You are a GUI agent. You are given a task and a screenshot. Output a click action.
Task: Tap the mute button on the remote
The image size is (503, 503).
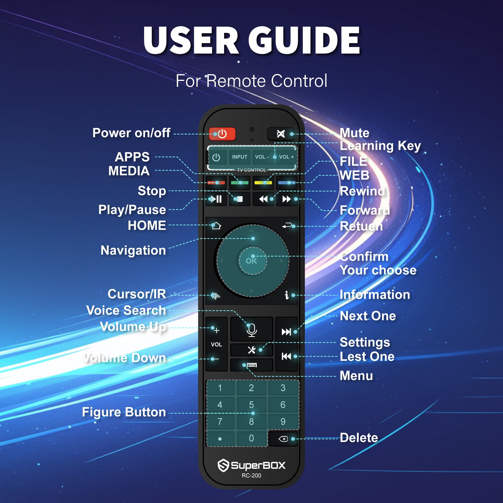tap(281, 134)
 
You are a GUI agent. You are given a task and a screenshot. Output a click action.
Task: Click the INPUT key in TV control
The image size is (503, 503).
tap(239, 157)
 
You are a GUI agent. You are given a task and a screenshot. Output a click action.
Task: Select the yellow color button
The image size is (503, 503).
tap(263, 183)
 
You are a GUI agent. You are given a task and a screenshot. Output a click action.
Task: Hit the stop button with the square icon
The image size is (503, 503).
tap(239, 199)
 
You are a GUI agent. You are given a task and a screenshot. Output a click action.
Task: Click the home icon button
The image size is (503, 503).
tap(216, 226)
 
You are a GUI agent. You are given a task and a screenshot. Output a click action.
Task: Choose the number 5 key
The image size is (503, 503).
tap(251, 405)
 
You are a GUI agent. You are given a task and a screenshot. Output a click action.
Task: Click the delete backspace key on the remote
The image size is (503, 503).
tap(283, 439)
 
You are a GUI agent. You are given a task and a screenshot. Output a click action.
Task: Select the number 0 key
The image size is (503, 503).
tap(251, 438)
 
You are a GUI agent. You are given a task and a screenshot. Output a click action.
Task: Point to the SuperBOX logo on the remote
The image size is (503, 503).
tap(251, 465)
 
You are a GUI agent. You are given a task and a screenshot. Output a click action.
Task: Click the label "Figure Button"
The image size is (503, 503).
tap(124, 412)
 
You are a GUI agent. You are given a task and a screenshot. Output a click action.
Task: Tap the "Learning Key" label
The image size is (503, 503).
tap(380, 146)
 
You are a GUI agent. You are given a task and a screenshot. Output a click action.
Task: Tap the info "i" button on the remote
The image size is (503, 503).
tap(287, 295)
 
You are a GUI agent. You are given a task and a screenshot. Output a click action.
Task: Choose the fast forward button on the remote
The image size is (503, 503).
tap(287, 199)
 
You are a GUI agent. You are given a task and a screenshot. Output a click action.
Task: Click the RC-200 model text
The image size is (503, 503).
tap(251, 476)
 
